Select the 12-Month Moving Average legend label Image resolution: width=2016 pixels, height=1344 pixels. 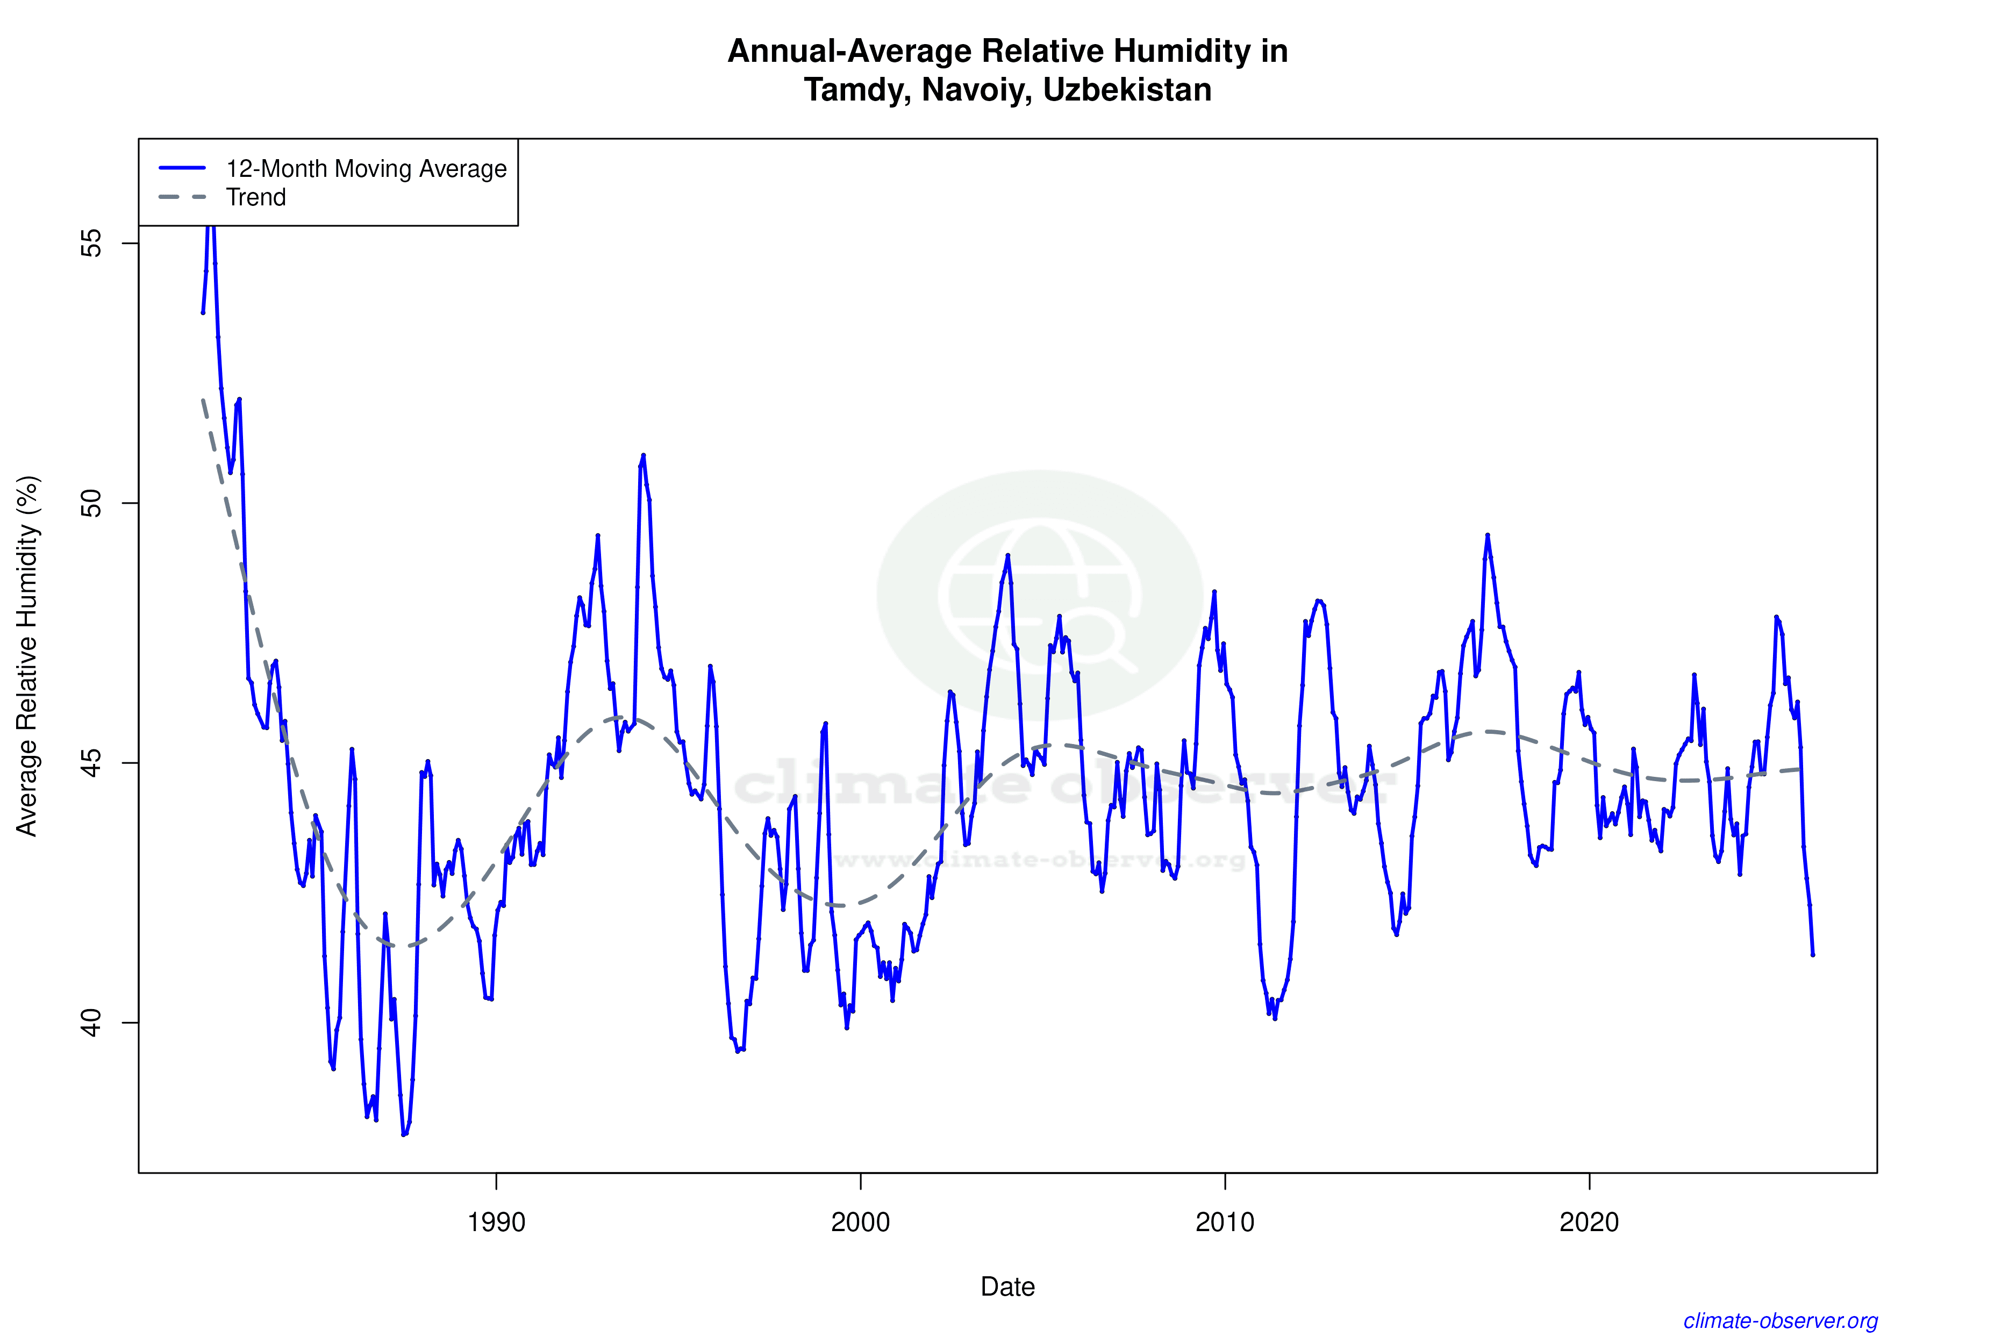coord(366,169)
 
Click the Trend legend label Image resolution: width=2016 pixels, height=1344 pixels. coord(255,197)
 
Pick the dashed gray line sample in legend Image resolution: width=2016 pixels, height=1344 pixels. coord(183,197)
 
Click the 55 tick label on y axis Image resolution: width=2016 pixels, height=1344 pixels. coord(91,244)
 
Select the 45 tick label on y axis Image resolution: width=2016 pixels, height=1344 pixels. coord(91,763)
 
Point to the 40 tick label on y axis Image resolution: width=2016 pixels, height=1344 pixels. coord(91,1023)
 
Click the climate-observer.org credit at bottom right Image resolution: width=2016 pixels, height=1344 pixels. coord(1781,1321)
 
